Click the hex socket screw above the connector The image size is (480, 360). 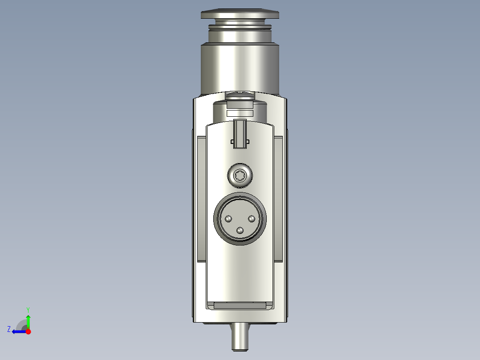(x=240, y=175)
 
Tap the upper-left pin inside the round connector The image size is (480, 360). (x=228, y=219)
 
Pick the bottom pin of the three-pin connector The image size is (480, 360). (x=240, y=230)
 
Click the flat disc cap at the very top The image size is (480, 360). (x=240, y=15)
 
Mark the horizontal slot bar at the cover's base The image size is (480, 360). (x=240, y=306)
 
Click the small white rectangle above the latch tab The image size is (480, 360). (x=240, y=114)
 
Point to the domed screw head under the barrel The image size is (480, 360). (x=240, y=95)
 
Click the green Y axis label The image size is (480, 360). (x=28, y=309)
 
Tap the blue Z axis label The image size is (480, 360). (x=9, y=329)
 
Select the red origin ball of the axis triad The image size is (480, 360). (x=28, y=331)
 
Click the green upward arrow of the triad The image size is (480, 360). (x=28, y=321)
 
